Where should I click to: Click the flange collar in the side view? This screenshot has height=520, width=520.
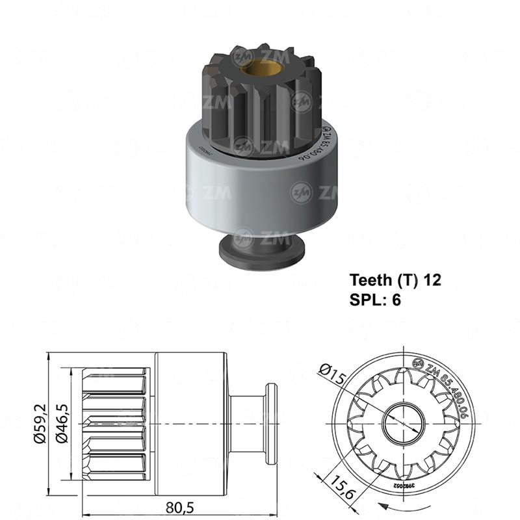(x=268, y=422)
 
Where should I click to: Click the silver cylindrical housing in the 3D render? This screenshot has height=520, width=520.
(x=260, y=182)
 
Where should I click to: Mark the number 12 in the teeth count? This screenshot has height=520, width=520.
(x=432, y=280)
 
